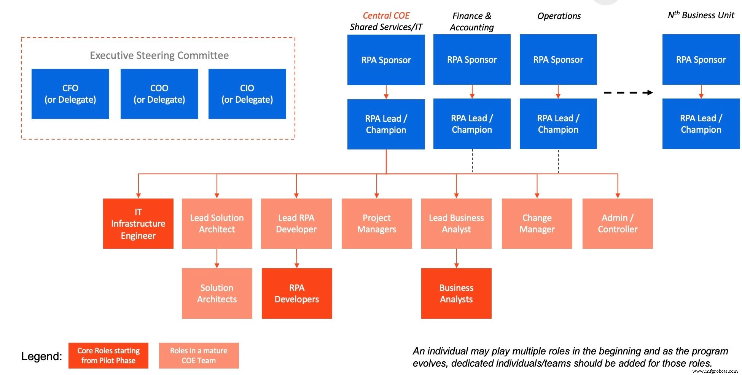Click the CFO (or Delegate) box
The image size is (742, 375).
[x=70, y=94]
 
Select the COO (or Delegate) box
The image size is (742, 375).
[x=159, y=94]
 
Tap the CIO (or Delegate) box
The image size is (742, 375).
[x=247, y=94]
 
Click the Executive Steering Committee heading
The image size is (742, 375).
[x=159, y=56]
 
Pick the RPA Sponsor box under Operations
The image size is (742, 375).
[x=558, y=60]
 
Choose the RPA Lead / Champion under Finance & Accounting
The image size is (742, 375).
[x=472, y=124]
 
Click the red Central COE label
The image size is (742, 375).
[x=386, y=16]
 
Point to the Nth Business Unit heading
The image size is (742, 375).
[x=701, y=15]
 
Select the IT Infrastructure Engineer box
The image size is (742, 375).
[x=138, y=224]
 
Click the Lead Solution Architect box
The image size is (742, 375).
[x=217, y=224]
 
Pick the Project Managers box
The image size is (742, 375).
[x=377, y=224]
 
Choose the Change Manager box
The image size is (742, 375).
[x=537, y=224]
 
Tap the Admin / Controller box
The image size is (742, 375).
[x=618, y=224]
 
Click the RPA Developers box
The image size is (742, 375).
[x=297, y=293]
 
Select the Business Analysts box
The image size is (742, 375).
[x=456, y=293]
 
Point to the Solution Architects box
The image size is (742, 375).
[x=217, y=293]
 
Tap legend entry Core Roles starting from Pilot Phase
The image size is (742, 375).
[x=108, y=356]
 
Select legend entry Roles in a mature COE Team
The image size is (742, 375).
[x=199, y=356]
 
